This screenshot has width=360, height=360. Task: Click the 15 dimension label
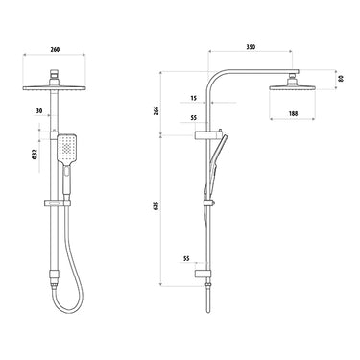pyautogui.click(x=194, y=98)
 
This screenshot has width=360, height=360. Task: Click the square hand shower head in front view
pyautogui.click(x=67, y=149)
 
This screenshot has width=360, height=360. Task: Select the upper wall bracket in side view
pyautogui.click(x=204, y=135)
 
